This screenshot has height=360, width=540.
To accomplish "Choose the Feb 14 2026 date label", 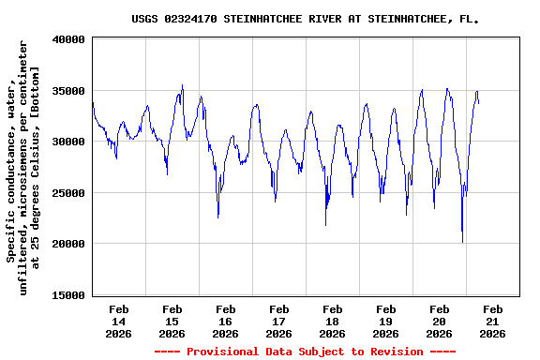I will [x=118, y=321].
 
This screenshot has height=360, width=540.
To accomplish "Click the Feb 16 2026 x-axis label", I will [x=225, y=321].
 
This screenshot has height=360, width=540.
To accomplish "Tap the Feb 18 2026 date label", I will [x=332, y=321].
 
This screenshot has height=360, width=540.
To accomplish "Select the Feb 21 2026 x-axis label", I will [x=492, y=321].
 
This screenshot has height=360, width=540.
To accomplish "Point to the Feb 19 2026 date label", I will [x=385, y=321].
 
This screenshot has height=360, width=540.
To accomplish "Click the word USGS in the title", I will [x=145, y=18].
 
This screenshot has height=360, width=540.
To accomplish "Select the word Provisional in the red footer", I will [x=223, y=352].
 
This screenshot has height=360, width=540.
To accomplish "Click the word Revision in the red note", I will [x=393, y=352].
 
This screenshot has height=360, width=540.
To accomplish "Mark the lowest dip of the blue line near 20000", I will [x=462, y=242].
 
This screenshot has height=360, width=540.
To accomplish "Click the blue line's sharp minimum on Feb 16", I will [x=218, y=217].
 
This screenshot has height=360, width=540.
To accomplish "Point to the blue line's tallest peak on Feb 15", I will [x=183, y=85].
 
